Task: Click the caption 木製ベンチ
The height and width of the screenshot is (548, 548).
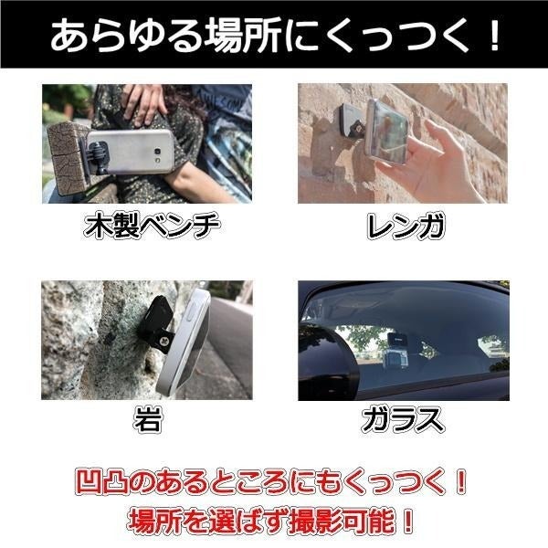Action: pyautogui.click(x=152, y=226)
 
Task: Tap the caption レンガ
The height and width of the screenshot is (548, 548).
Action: pyautogui.click(x=406, y=226)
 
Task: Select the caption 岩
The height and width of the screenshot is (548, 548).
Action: pyautogui.click(x=148, y=419)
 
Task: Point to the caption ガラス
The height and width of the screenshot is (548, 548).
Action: pyautogui.click(x=403, y=419)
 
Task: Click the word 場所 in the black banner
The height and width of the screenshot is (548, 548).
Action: pyautogui.click(x=244, y=36)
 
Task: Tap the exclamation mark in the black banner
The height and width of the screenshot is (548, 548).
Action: pyautogui.click(x=494, y=35)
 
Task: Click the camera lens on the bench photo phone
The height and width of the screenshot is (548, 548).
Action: pyautogui.click(x=158, y=152)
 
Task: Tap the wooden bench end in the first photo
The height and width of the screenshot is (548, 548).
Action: pyautogui.click(x=68, y=158)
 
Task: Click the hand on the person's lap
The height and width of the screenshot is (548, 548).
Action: pyautogui.click(x=143, y=103)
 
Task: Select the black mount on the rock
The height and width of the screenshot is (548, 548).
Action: pyautogui.click(x=156, y=323)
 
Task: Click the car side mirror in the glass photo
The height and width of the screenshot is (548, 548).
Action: pyautogui.click(x=327, y=361)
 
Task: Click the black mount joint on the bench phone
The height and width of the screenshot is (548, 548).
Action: pyautogui.click(x=99, y=155)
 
